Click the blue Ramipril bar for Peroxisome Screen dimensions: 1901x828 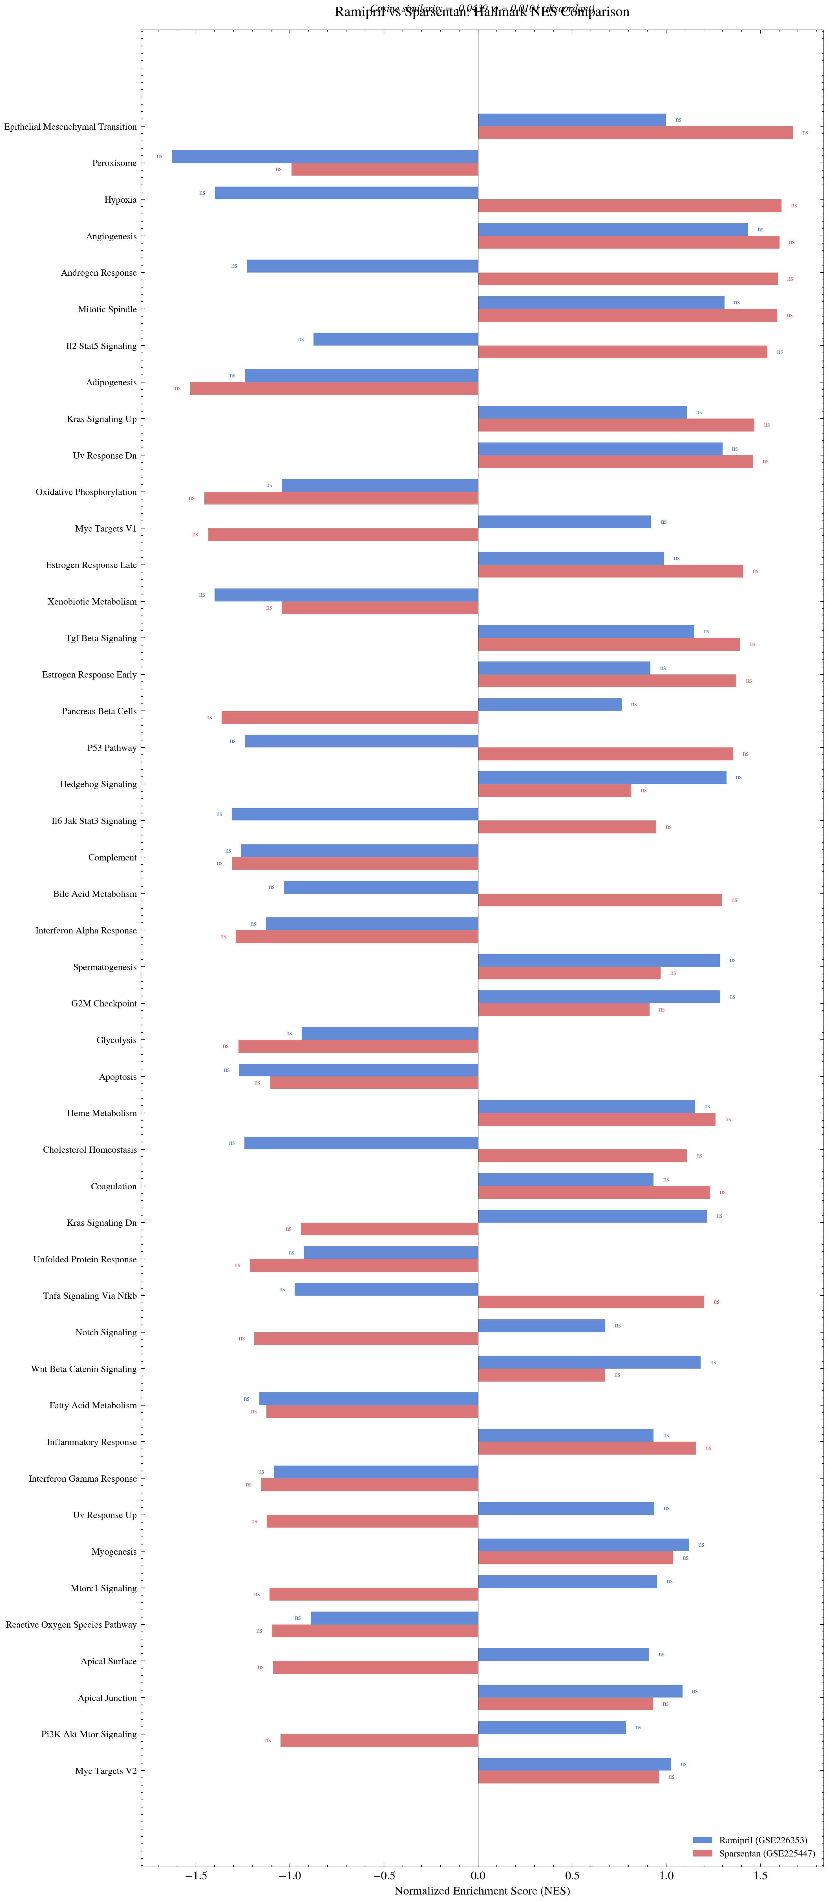(x=325, y=156)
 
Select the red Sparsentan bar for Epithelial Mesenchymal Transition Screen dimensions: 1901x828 (x=635, y=133)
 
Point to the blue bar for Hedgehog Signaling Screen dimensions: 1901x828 (x=601, y=778)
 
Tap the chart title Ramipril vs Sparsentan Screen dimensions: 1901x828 (x=482, y=12)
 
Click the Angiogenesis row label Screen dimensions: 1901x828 (x=111, y=236)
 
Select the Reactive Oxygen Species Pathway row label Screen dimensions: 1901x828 (x=71, y=1624)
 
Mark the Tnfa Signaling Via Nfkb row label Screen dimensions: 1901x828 (x=89, y=1296)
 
